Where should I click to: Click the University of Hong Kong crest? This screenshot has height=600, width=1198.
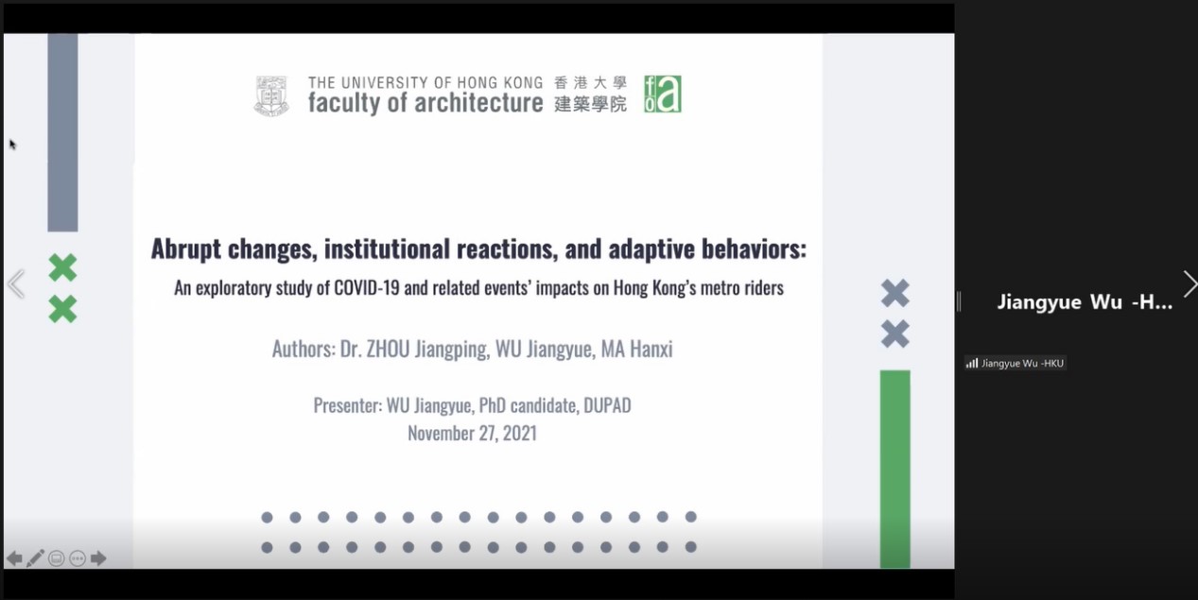click(x=271, y=95)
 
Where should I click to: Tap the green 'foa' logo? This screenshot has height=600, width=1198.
click(x=662, y=94)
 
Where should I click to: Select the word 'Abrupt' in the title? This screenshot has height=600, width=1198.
click(x=185, y=249)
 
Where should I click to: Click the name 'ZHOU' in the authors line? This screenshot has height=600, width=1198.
click(x=388, y=349)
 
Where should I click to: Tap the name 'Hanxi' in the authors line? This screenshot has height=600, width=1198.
click(x=651, y=349)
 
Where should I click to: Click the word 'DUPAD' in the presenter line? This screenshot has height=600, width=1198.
click(x=607, y=405)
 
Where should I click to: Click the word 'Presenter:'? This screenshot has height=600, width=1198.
click(x=348, y=405)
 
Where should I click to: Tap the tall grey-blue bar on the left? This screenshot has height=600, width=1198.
click(x=62, y=132)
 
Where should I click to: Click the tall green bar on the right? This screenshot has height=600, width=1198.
click(x=894, y=469)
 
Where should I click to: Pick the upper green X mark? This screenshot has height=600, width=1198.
click(x=62, y=267)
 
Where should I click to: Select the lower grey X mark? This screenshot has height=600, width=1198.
click(x=894, y=334)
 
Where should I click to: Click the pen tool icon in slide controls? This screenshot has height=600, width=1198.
click(x=35, y=558)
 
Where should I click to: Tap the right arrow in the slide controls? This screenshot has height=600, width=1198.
click(x=98, y=558)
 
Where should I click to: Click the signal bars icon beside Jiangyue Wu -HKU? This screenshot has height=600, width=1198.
click(x=972, y=364)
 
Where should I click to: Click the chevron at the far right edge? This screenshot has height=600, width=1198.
click(x=1190, y=283)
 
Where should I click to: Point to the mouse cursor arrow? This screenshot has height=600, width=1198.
click(x=13, y=145)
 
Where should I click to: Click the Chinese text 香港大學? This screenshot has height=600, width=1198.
click(x=590, y=83)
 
